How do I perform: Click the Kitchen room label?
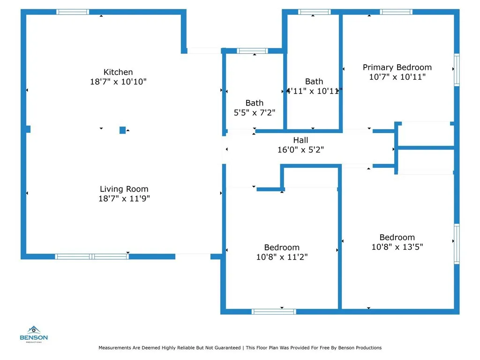[118, 72]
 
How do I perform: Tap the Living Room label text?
[124, 189]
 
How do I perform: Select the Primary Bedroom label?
[397, 67]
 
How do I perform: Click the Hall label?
[300, 140]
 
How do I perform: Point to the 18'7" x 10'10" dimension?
[118, 82]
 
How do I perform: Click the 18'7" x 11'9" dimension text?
[124, 199]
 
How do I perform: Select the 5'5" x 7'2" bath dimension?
[255, 112]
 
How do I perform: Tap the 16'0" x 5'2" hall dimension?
[300, 150]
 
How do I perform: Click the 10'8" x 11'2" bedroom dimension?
[282, 257]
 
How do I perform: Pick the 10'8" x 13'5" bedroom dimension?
[397, 247]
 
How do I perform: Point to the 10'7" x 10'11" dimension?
[397, 77]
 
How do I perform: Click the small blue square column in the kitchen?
[122, 130]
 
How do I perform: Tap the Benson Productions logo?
[34, 334]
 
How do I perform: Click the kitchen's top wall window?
[73, 12]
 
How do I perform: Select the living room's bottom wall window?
[92, 256]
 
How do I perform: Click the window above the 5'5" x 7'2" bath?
[252, 51]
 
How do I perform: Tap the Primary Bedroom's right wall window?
[457, 70]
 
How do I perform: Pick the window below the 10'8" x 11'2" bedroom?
[274, 312]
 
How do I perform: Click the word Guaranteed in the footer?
[227, 348]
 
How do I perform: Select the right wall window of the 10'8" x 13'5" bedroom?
[457, 244]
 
